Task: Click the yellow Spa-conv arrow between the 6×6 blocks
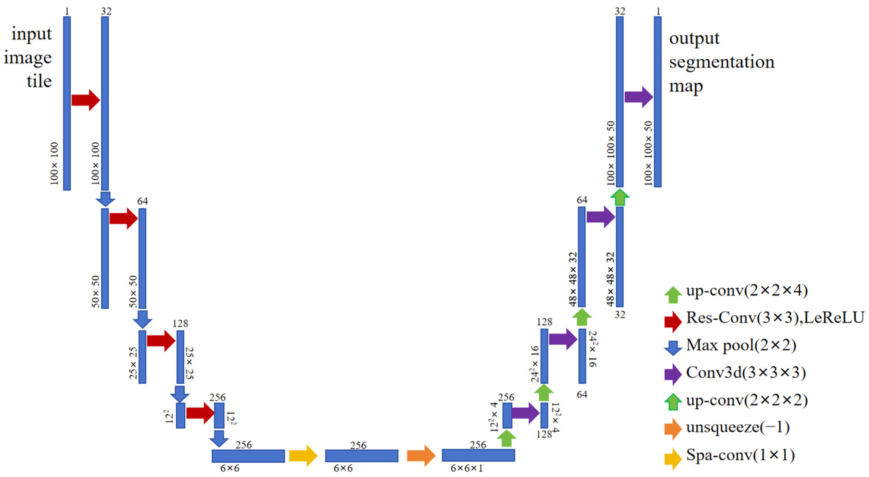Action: click(303, 456)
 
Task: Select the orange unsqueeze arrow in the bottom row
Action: click(421, 456)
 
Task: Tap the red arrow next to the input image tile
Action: click(86, 100)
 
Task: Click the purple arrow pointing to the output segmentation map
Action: click(639, 97)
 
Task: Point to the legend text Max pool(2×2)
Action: click(741, 345)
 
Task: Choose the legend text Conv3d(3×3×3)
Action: click(746, 373)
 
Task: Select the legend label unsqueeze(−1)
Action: click(738, 428)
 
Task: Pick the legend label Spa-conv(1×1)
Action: click(740, 455)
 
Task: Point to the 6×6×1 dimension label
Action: click(467, 468)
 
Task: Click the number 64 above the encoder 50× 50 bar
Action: click(142, 201)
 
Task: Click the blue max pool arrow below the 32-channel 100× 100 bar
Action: click(105, 199)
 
